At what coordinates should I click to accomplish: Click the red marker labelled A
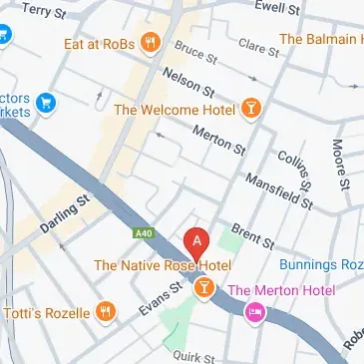(197, 241)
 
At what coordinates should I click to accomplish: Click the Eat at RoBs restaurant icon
(151, 41)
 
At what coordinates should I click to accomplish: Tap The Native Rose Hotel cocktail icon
(203, 288)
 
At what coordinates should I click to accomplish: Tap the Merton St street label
(220, 140)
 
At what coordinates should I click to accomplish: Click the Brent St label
(258, 234)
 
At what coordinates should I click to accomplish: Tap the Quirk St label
(194, 354)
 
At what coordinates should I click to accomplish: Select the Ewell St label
(277, 9)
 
